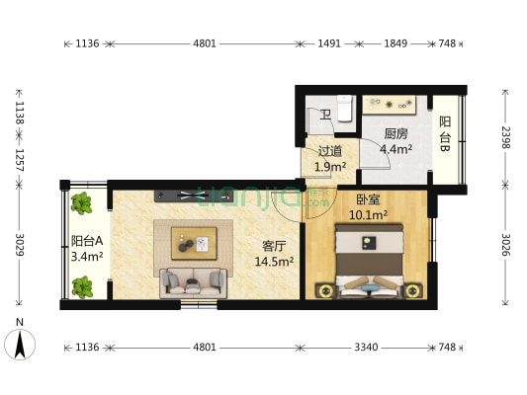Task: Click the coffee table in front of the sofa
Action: (194, 240)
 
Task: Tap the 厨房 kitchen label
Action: (396, 134)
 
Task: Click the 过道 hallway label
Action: (329, 151)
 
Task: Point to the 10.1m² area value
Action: (372, 214)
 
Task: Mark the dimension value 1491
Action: (329, 43)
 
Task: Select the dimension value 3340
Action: (368, 348)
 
